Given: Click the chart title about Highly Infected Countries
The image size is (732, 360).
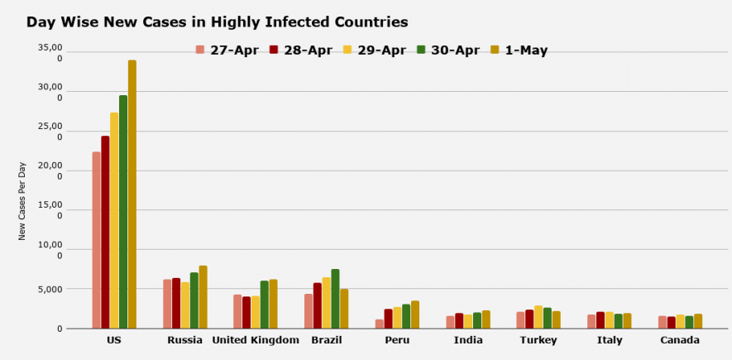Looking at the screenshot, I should [217, 22].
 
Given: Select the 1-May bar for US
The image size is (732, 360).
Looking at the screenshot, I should [132, 194].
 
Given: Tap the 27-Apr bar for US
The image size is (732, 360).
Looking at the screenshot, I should [97, 240].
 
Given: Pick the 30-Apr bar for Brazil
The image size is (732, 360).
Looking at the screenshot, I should [335, 299].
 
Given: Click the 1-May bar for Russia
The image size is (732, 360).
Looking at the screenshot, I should [203, 297].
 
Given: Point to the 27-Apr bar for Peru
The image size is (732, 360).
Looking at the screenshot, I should [380, 324].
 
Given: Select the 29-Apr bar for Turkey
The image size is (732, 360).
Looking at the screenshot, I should [538, 317].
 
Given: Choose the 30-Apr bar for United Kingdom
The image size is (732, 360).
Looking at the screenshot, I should [265, 305].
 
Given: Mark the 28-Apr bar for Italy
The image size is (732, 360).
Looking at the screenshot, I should [600, 320].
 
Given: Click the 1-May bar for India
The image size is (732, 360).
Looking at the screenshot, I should [486, 319].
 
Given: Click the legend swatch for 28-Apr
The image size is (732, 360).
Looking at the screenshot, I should [274, 50].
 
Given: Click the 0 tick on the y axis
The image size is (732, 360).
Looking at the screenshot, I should [59, 329].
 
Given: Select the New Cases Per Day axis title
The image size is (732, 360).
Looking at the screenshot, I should [22, 201].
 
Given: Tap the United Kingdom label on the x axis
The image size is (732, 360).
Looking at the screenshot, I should [256, 340].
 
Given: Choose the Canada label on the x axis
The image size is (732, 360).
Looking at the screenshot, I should [680, 340].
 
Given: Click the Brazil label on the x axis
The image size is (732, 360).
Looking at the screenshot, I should [326, 340].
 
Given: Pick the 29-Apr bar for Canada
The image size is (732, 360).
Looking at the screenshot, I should [680, 321].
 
